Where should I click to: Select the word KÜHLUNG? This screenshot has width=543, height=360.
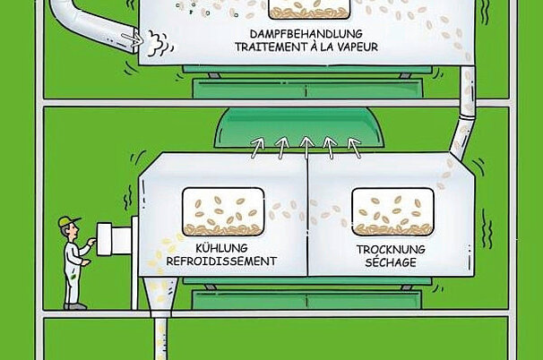coord(221,249)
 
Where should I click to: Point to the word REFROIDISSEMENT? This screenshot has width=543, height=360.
coord(221,262)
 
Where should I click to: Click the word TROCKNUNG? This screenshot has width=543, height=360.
coord(391,249)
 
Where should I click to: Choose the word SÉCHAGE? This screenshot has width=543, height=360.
coord(391,262)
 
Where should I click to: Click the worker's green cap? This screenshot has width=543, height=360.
coord(67,220)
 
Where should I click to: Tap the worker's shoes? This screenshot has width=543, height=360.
coord(76,305)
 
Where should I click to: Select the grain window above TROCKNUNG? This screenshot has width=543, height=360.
coord(391,211)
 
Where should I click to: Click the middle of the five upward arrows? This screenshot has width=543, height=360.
coord(305,142)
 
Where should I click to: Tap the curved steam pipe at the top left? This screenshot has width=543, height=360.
coord(85,19)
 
